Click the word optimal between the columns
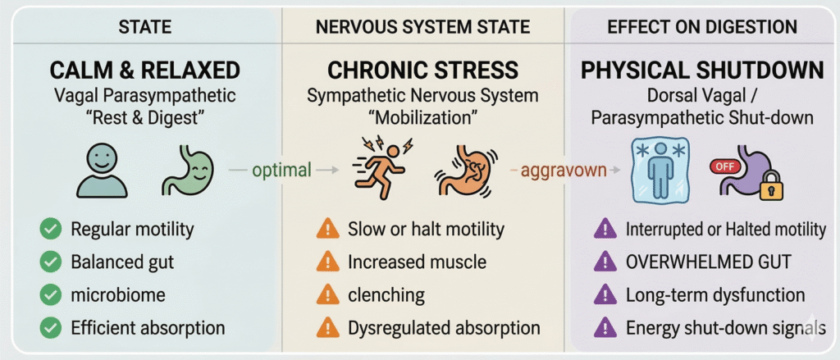[x=281, y=171]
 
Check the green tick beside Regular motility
[x=50, y=230]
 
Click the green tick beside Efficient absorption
[x=50, y=328]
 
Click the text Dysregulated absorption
[x=444, y=328]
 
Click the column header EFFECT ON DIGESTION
[x=702, y=27]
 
